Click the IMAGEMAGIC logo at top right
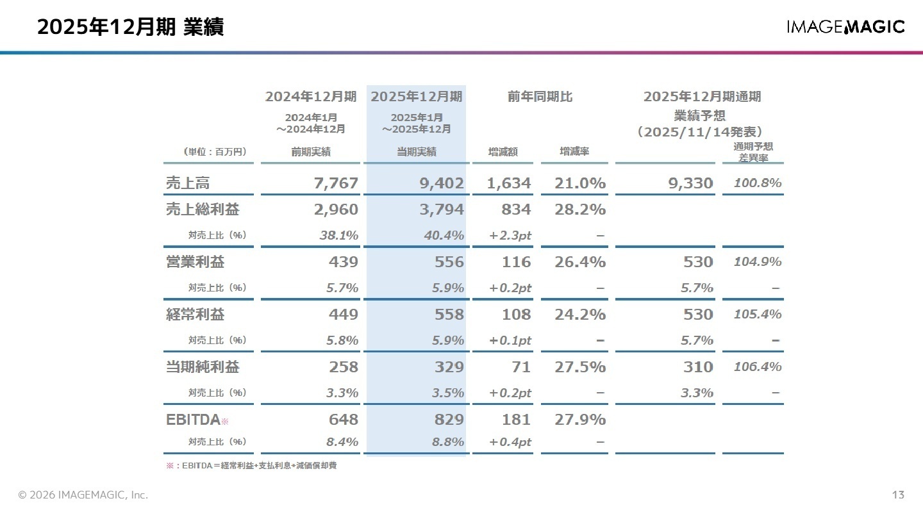(845, 27)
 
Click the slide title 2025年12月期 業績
(130, 28)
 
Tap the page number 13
(897, 495)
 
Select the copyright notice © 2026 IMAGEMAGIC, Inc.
(83, 495)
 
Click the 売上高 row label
(188, 183)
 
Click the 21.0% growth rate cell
(580, 183)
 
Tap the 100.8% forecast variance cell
(758, 183)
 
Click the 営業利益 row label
(195, 262)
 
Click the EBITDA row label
(193, 420)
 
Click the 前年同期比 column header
(540, 97)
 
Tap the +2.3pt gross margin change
(510, 236)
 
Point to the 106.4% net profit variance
(758, 367)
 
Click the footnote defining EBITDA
(251, 466)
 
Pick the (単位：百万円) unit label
(215, 152)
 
